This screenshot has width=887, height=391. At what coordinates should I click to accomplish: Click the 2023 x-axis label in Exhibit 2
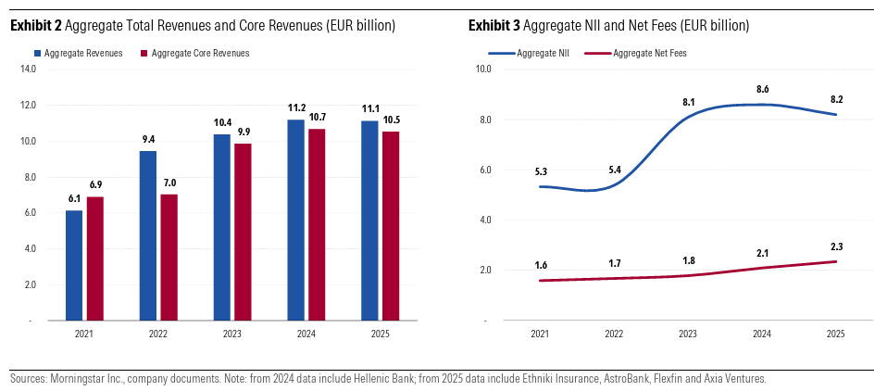[x=232, y=333]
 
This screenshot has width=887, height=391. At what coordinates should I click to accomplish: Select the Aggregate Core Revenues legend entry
[x=199, y=54]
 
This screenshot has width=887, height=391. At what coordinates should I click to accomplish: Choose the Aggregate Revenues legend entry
[x=83, y=54]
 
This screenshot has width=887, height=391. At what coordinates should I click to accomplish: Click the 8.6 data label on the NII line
[x=763, y=89]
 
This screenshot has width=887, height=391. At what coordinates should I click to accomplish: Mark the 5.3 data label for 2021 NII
[x=541, y=171]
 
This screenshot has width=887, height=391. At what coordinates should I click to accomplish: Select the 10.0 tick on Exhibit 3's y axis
[x=483, y=69]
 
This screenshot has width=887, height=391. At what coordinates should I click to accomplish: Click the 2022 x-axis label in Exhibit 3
[x=614, y=333]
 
